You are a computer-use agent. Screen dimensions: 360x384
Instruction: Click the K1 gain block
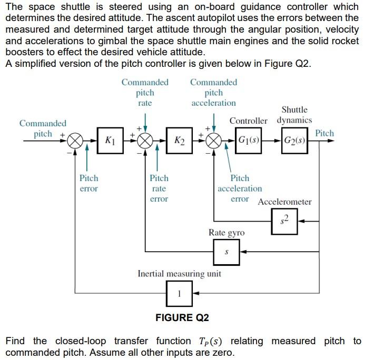click(x=110, y=141)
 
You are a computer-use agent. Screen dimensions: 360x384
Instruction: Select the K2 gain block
click(x=179, y=141)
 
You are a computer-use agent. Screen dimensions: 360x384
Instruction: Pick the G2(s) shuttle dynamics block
click(x=295, y=141)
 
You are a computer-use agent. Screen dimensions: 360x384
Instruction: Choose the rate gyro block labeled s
click(x=227, y=252)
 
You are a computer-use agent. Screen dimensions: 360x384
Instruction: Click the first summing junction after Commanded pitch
click(x=77, y=141)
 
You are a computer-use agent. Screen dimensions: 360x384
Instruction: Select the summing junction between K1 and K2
click(x=145, y=141)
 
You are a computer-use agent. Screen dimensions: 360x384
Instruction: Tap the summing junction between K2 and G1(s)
click(x=214, y=141)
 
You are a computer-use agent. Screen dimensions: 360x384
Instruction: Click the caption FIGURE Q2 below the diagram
click(x=182, y=317)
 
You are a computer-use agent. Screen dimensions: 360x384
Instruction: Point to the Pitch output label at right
click(x=324, y=133)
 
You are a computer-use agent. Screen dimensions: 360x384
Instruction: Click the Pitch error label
click(x=88, y=183)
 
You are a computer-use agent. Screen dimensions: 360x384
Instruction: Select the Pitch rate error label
click(x=159, y=188)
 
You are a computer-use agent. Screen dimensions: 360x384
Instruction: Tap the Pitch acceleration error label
click(x=240, y=188)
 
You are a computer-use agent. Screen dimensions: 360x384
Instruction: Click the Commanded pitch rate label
click(x=145, y=93)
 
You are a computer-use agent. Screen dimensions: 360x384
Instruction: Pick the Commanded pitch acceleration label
click(x=213, y=93)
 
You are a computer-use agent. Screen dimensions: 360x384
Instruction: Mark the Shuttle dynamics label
click(x=294, y=115)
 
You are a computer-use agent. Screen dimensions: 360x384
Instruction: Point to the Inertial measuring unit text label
click(x=179, y=274)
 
